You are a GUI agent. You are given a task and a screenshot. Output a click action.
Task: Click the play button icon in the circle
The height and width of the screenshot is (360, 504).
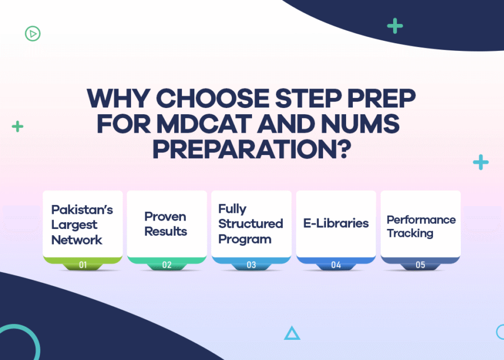(x=32, y=34)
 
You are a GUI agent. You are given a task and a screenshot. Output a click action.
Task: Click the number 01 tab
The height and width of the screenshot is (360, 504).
(x=83, y=265)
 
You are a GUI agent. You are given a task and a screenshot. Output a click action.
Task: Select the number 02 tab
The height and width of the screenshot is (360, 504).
(x=167, y=265)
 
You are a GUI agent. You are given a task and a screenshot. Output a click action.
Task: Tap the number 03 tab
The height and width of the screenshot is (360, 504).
(x=251, y=265)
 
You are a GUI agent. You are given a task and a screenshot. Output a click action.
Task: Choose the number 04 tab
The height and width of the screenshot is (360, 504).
(x=336, y=265)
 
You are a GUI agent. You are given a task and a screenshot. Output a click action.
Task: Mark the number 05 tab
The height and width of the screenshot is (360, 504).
(x=421, y=265)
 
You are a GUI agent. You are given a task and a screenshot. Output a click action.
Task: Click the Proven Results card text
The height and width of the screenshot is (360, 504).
(x=166, y=224)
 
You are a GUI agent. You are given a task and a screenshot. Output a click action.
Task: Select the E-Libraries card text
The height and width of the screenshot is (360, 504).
(x=336, y=223)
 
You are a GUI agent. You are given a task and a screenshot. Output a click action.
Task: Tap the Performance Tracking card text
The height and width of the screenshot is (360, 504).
(x=421, y=226)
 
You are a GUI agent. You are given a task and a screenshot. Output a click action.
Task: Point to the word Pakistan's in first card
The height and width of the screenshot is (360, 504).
(x=82, y=209)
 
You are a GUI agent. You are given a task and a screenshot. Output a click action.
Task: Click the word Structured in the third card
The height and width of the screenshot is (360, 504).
(x=250, y=224)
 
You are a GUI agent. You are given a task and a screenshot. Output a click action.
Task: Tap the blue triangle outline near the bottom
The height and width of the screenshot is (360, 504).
(x=292, y=334)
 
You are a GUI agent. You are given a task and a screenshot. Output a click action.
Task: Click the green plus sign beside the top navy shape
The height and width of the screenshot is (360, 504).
(x=395, y=26)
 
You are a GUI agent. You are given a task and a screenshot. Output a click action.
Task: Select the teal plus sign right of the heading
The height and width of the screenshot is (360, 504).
(x=480, y=162)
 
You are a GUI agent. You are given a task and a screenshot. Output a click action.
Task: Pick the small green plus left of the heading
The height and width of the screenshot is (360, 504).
(x=18, y=126)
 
